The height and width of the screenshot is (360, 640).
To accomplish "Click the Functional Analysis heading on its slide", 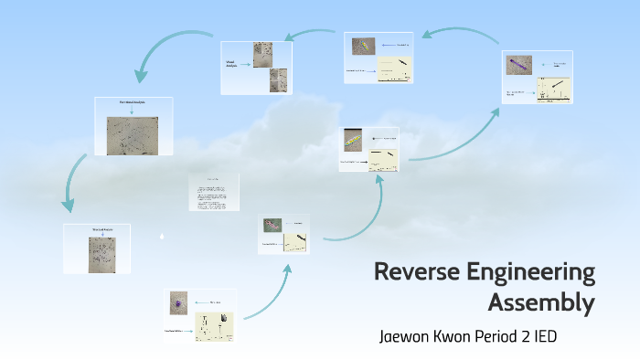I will coord(133,103).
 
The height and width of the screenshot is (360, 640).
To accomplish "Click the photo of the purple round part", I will coord(179,302).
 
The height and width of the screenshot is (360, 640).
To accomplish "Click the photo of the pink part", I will coord(272,225).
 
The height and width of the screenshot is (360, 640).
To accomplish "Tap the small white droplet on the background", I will coord(162,236).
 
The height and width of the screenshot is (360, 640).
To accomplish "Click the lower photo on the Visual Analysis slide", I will coord(279,80).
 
